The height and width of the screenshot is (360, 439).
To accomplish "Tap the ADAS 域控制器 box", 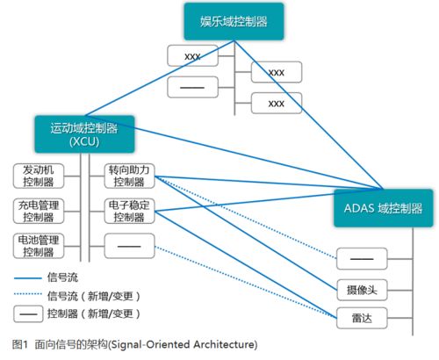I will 384,208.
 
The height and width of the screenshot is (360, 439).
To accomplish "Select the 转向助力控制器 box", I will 129,176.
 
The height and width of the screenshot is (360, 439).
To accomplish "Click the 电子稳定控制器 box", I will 129,211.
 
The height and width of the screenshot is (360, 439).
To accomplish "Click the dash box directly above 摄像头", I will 362,259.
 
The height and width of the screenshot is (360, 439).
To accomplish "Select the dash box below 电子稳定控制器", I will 129,246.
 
